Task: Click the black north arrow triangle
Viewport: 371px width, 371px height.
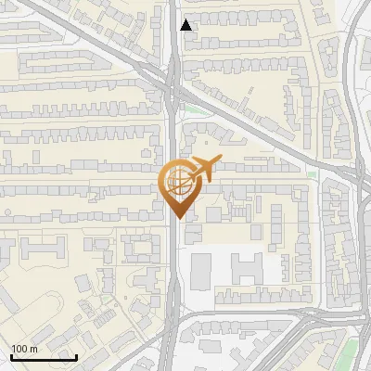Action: tap(186, 25)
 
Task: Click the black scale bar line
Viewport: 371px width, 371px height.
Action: tap(44, 357)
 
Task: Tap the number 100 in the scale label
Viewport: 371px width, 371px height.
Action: tap(20, 350)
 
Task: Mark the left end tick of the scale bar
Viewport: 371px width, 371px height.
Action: tap(11, 355)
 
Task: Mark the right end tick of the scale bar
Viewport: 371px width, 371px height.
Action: tap(76, 355)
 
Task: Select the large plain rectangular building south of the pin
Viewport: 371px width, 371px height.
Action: tap(201, 271)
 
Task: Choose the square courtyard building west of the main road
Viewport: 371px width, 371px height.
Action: tap(140, 249)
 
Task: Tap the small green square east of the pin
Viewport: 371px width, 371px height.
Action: tap(313, 174)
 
